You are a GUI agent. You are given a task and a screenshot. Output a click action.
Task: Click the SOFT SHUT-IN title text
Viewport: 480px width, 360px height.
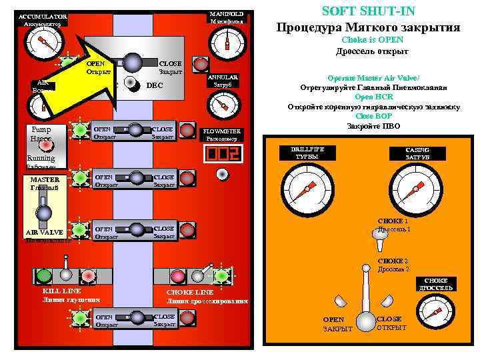(368, 11)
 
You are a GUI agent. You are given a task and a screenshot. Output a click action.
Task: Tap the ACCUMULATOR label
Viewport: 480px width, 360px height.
(42, 19)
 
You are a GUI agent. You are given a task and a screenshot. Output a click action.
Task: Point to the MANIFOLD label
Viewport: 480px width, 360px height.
(227, 17)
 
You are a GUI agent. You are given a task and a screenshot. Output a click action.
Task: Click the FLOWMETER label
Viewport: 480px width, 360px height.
(222, 134)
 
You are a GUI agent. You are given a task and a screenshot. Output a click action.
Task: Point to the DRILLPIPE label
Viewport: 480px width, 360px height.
(307, 153)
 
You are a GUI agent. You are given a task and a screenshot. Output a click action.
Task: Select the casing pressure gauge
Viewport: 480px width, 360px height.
(415, 188)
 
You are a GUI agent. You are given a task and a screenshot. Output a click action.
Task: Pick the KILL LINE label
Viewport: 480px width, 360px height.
(61, 295)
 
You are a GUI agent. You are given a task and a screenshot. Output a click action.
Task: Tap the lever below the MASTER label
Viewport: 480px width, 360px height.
(44, 213)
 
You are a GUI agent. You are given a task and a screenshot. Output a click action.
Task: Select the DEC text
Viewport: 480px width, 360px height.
(154, 85)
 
